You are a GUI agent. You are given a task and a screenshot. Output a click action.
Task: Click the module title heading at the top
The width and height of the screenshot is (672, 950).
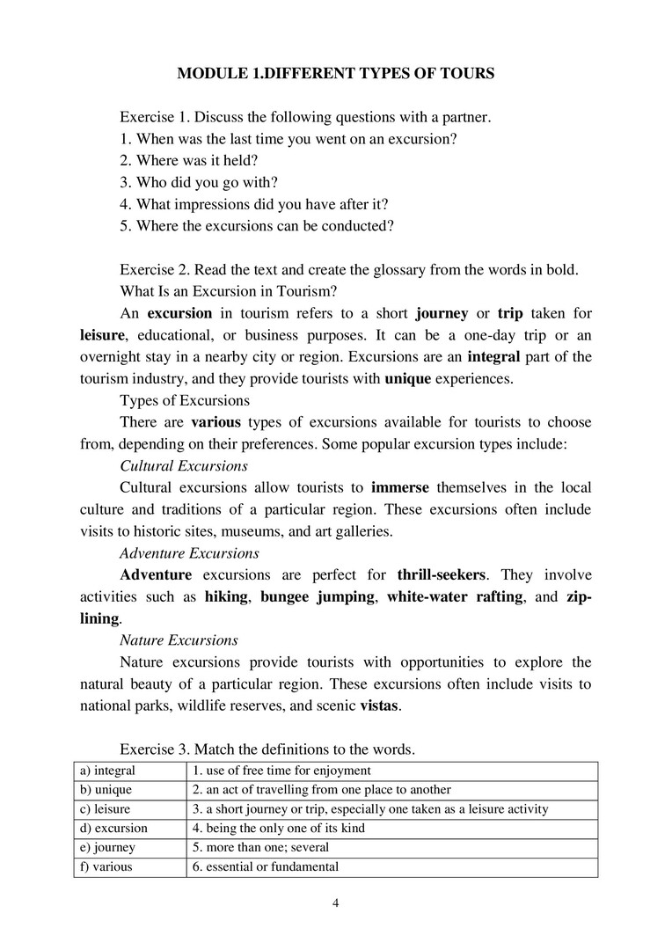pos(335,74)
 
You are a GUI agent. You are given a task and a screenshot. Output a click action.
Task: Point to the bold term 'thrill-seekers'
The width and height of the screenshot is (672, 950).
pos(441,575)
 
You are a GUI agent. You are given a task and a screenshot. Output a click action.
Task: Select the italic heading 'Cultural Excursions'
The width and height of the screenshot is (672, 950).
pos(183,466)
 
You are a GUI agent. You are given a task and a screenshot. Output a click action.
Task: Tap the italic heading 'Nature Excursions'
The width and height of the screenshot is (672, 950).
pos(179,640)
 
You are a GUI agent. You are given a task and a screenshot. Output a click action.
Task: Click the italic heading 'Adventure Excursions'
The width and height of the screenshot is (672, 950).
pos(189,553)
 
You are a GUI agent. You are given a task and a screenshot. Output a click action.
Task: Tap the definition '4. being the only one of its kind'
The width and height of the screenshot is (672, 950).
pos(278,829)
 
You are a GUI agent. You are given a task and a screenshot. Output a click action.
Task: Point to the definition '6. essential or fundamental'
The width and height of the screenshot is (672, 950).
pos(265,867)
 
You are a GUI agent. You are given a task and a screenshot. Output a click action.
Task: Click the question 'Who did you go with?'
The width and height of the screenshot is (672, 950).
pos(199,183)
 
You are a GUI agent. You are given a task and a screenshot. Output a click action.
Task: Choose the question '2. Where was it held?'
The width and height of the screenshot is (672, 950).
pos(188,161)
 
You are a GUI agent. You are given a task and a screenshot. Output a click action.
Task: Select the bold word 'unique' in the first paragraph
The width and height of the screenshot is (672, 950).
pos(408,379)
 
